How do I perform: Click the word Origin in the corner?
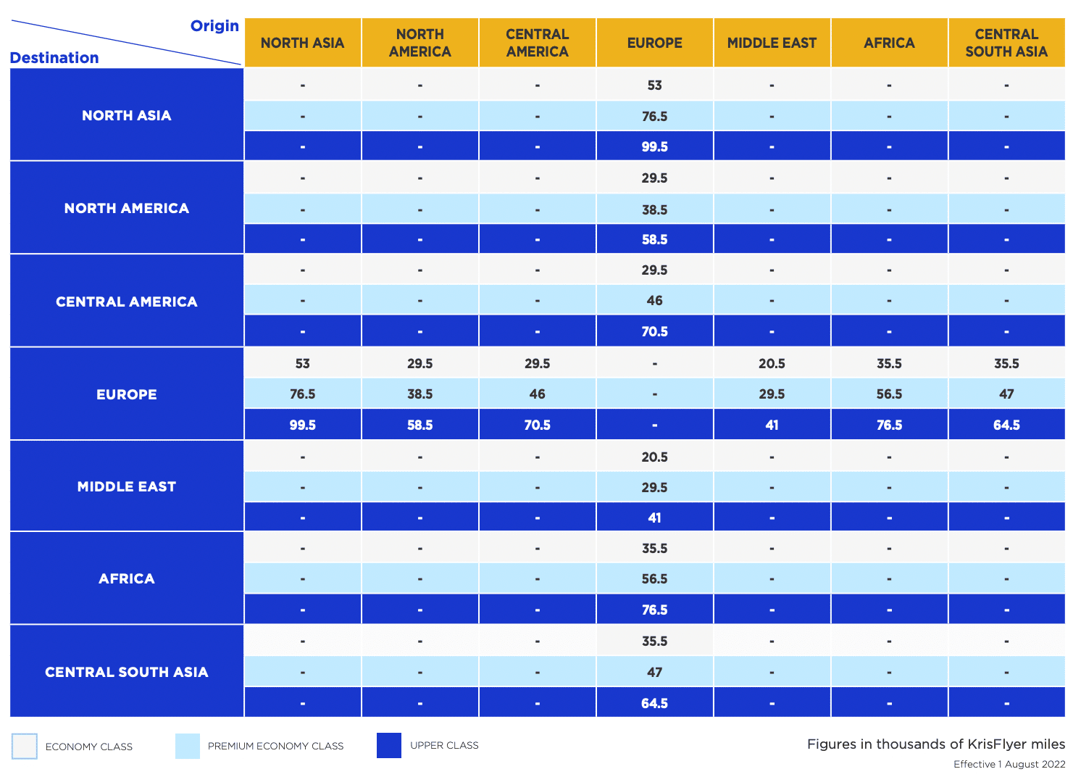coord(214,26)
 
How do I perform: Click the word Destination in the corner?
coord(54,58)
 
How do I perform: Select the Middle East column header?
coord(772,43)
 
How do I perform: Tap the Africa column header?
coord(889,43)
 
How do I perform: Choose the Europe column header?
coord(654,43)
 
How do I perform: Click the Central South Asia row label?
coord(127,672)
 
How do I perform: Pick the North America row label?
coord(127,208)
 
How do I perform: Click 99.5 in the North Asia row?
coord(654,146)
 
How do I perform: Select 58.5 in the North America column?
coord(420,425)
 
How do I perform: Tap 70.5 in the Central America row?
coord(654,331)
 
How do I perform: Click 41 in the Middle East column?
coord(772,425)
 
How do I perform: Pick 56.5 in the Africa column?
coord(889,394)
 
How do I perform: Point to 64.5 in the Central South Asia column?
coord(1006,425)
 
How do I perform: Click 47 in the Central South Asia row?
coord(654,672)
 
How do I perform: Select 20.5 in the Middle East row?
coord(654,457)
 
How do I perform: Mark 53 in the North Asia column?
coord(302,363)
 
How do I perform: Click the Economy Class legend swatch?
coord(25,746)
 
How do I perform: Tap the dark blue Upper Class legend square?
coord(389,745)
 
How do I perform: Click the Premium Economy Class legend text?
coord(275,746)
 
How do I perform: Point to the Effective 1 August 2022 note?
coord(1009,764)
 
